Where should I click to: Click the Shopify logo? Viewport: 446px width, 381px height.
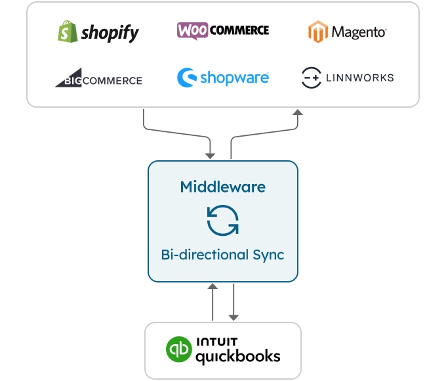98,31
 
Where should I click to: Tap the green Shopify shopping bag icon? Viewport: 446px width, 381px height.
66,31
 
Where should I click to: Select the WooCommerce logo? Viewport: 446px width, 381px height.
223,30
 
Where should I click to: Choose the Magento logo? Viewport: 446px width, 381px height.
348,32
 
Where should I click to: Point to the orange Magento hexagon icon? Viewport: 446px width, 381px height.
318,32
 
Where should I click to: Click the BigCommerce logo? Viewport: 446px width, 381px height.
98,80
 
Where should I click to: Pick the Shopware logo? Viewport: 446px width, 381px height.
223,78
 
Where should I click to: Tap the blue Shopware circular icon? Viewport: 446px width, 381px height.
186,78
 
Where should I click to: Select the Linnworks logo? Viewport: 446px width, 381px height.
348,78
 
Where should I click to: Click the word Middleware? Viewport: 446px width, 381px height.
223,187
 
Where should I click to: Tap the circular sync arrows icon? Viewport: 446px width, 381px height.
223,220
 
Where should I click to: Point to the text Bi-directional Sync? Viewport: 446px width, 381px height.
223,254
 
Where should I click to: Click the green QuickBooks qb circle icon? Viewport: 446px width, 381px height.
177,350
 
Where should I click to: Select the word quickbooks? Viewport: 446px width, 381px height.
239,357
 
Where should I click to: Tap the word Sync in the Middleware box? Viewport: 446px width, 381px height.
268,254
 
